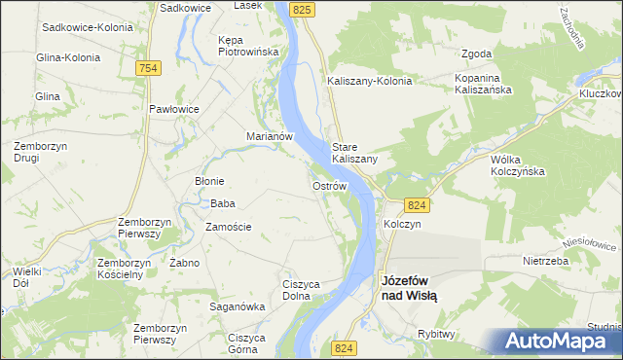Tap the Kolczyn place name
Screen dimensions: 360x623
401,224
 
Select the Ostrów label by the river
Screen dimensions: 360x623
328,185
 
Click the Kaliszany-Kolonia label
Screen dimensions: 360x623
370,82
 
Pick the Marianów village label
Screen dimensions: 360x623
270,137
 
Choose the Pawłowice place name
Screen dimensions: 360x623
174,109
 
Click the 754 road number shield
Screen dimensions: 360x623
148,67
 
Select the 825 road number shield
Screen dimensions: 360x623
302,9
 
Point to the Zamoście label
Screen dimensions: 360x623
229,227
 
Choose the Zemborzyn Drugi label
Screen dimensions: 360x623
40,152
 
